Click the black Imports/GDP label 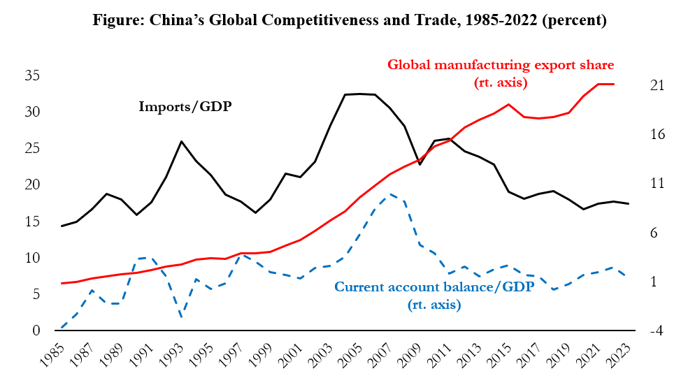tap(185, 107)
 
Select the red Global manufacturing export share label tap(500, 65)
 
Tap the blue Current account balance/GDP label tap(434, 286)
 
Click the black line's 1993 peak tap(181, 141)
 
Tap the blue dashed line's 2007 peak tap(391, 194)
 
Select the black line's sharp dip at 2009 tap(420, 164)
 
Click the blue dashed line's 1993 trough tap(181, 317)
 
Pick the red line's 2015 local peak tap(510, 104)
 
